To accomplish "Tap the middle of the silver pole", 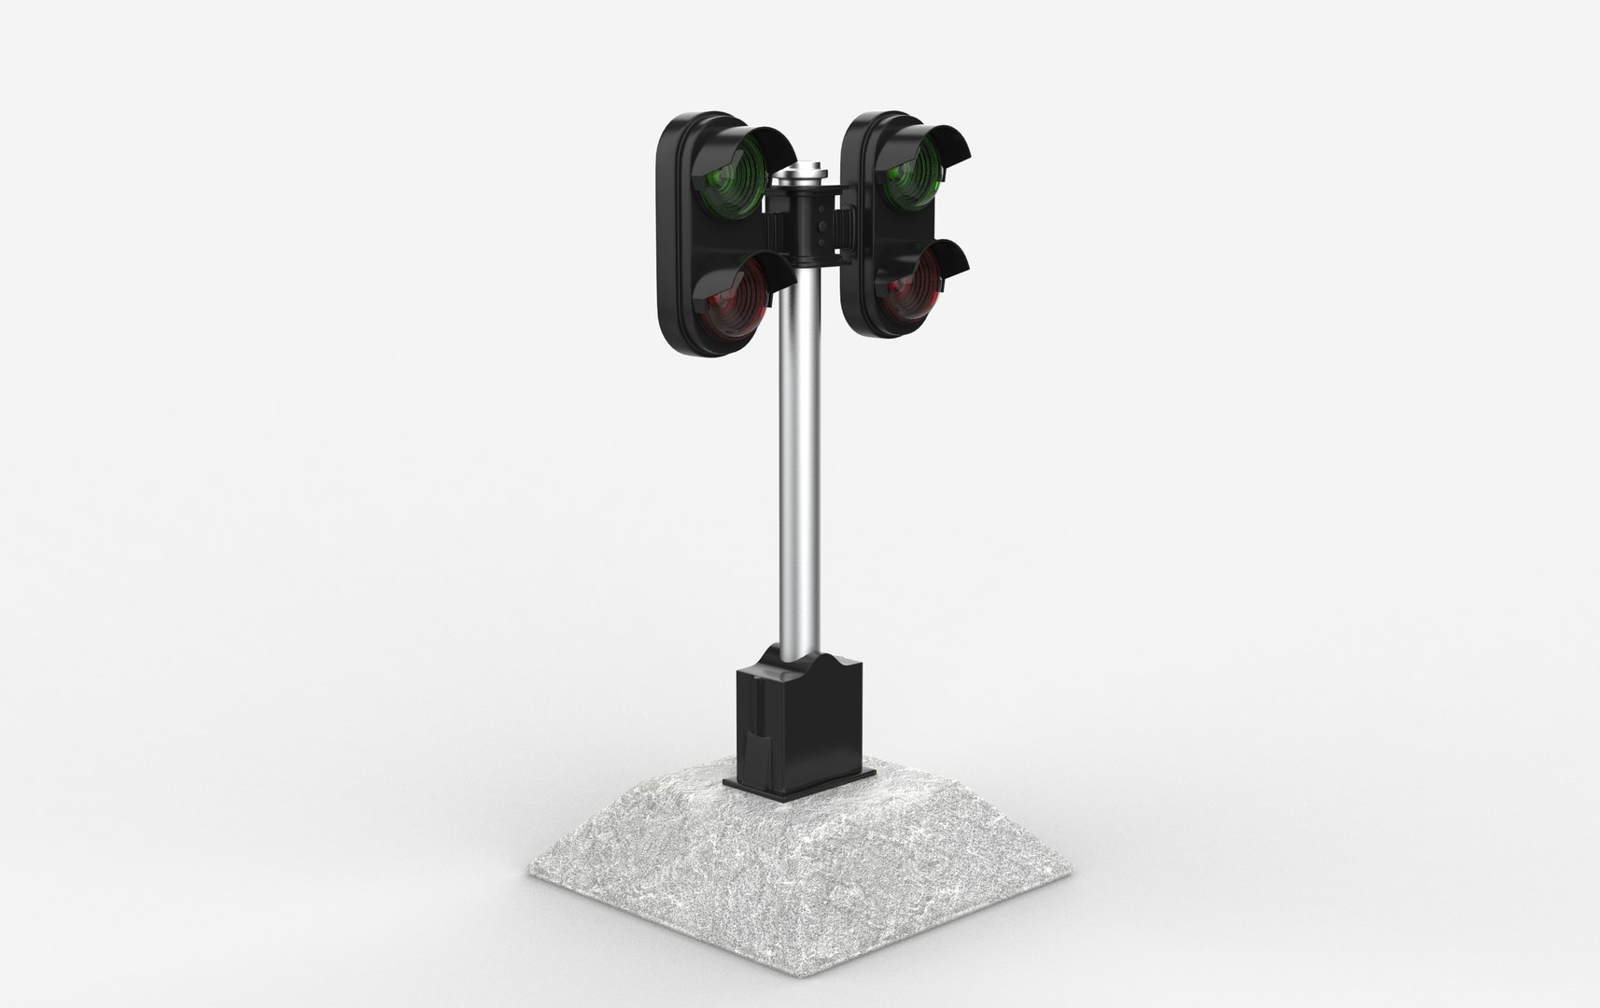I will (x=796, y=467).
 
